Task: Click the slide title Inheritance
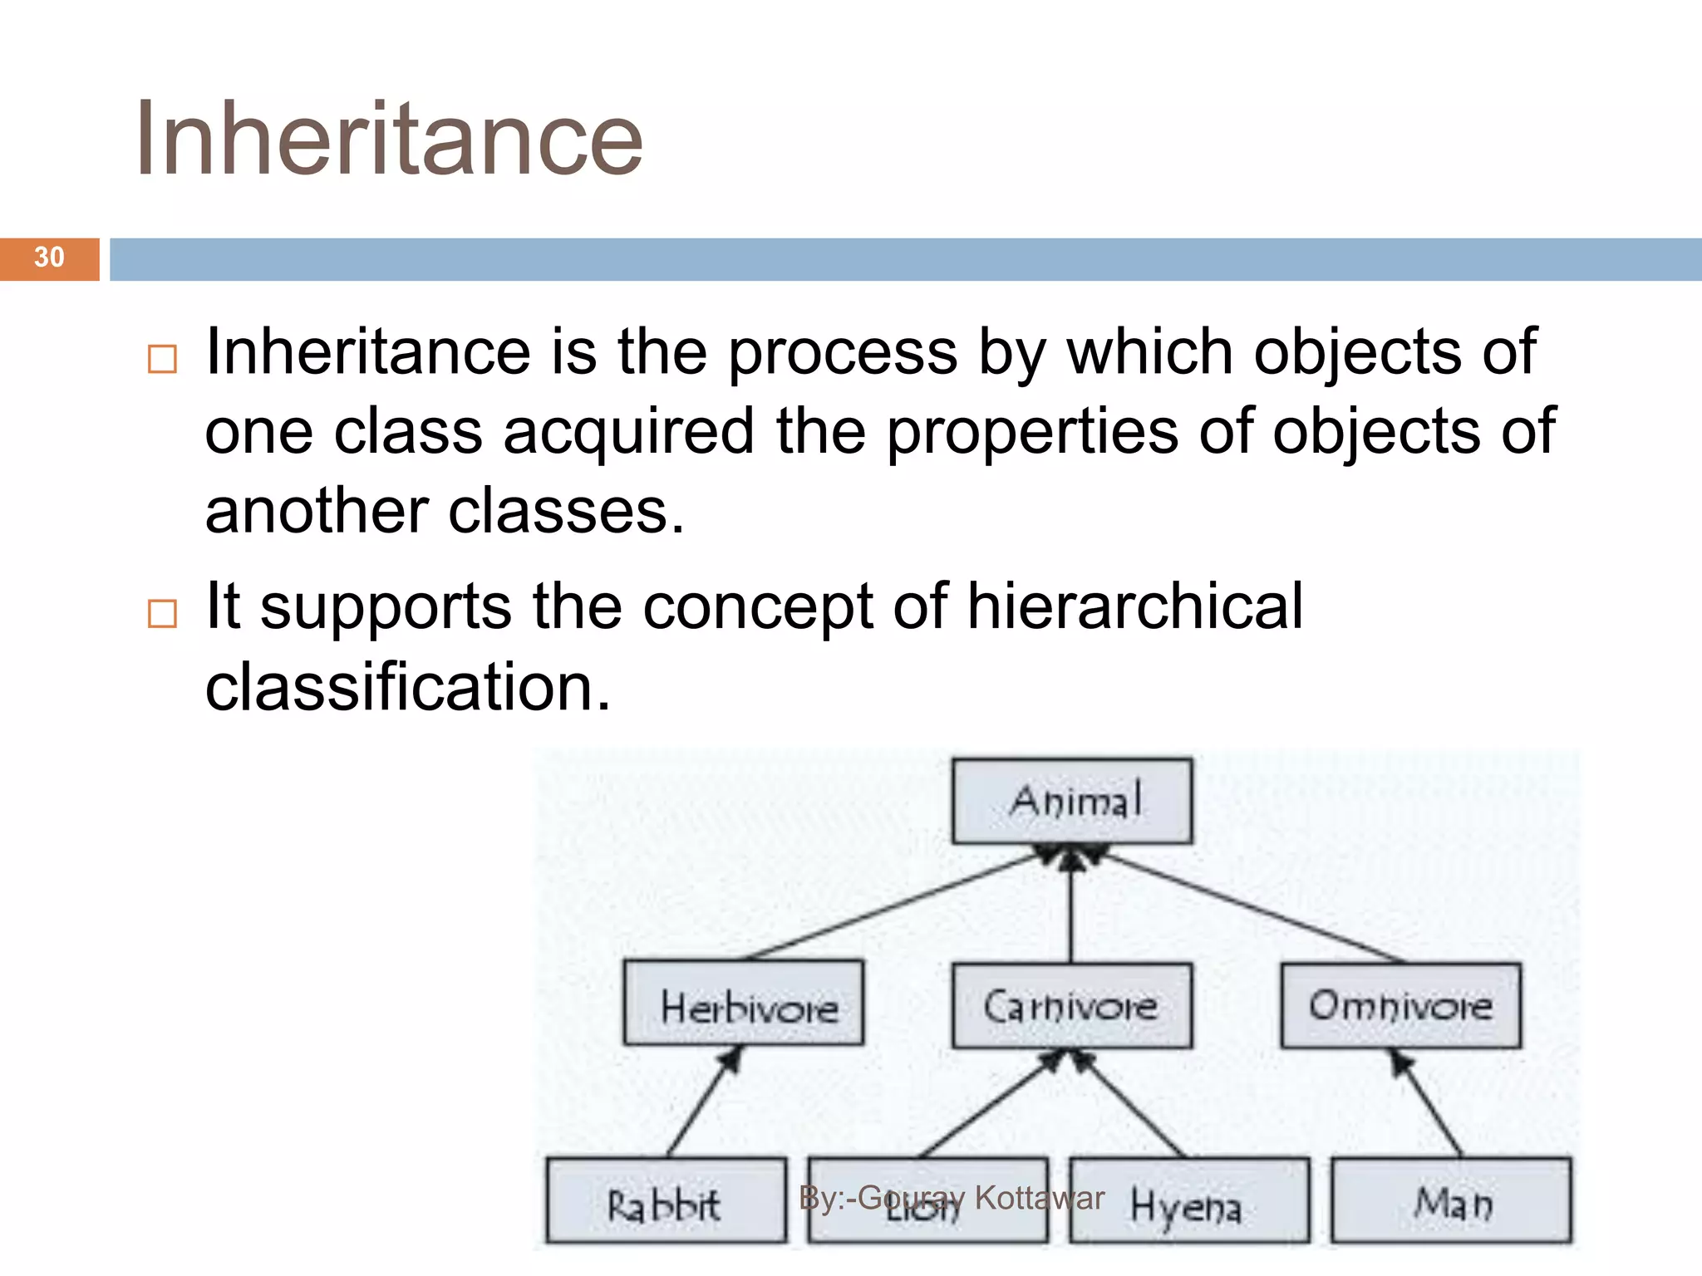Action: [x=388, y=140]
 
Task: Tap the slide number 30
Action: [x=49, y=258]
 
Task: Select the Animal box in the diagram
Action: [x=1072, y=801]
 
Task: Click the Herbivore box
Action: [x=744, y=1003]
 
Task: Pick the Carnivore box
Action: [x=1072, y=1005]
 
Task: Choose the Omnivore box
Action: [x=1401, y=1005]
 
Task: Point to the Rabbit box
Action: [x=666, y=1200]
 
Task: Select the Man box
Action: [x=1452, y=1200]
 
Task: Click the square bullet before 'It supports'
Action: [x=162, y=614]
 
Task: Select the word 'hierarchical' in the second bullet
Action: [x=1134, y=606]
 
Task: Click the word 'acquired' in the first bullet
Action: [x=628, y=432]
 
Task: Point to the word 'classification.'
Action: [x=407, y=687]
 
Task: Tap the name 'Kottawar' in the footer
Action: [x=1040, y=1198]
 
